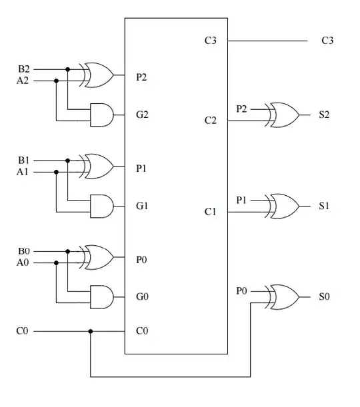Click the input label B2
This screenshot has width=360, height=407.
tap(23, 69)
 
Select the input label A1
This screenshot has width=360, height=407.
tap(23, 172)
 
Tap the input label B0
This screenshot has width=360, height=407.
tap(23, 252)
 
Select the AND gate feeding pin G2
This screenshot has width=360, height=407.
tap(100, 115)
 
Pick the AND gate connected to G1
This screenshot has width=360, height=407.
tap(100, 206)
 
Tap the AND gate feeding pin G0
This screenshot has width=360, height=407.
tap(100, 297)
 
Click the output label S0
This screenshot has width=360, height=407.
tap(324, 297)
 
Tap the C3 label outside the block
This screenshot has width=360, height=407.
tap(327, 41)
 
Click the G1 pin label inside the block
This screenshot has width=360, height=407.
tap(142, 206)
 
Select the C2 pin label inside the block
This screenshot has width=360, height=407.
tap(211, 121)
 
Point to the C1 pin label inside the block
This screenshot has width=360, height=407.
tap(211, 212)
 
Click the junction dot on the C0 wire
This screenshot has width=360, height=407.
tap(91, 331)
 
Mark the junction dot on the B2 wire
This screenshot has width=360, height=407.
tap(68, 69)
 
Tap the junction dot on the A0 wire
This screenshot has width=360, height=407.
tap(56, 263)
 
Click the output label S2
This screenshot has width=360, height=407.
tap(324, 115)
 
